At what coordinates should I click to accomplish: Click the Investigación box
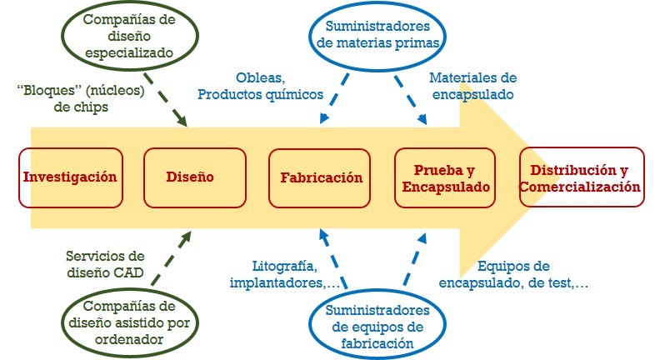pyautogui.click(x=70, y=177)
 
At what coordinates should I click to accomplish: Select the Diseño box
pyautogui.click(x=190, y=177)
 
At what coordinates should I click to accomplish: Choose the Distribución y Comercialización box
pyautogui.click(x=581, y=177)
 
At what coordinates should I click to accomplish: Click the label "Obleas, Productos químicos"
pyautogui.click(x=260, y=86)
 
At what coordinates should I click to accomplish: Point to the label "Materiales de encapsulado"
pyautogui.click(x=472, y=86)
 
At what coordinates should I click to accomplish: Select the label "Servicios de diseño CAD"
pyautogui.click(x=105, y=264)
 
